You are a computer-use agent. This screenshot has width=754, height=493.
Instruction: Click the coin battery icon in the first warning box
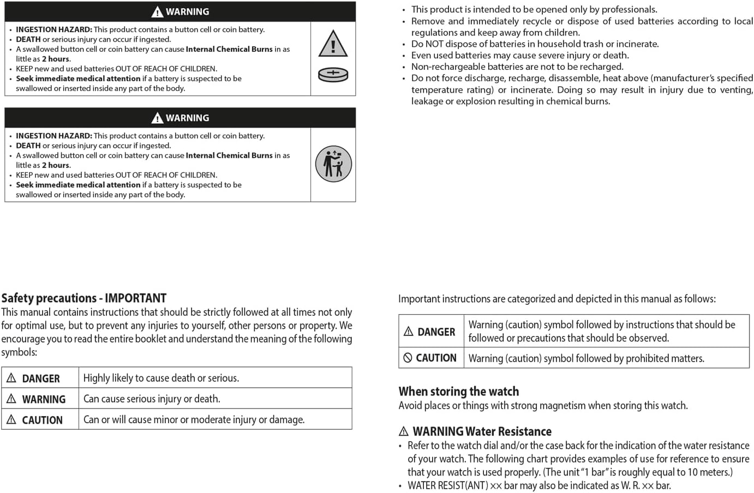333,75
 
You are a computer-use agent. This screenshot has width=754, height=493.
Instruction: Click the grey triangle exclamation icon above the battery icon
333,44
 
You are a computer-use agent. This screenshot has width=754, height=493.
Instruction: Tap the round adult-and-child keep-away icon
333,164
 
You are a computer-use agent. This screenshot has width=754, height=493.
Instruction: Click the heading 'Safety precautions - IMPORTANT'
83,298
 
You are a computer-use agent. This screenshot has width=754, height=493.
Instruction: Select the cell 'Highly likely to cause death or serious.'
161,378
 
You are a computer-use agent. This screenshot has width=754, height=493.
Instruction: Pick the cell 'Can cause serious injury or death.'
152,399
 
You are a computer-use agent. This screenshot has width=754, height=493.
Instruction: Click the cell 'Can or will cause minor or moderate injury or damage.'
194,419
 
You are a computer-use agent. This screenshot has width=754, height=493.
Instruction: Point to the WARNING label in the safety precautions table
43,399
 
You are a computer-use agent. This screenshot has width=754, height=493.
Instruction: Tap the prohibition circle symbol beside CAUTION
408,358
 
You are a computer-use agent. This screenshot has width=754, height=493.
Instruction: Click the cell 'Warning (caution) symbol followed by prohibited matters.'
586,358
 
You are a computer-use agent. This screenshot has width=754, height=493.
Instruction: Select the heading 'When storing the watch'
458,392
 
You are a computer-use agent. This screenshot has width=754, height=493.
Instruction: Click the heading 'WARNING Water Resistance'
482,432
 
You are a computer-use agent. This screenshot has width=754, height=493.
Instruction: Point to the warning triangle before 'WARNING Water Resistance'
404,431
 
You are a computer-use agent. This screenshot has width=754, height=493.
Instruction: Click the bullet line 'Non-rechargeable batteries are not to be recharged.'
517,67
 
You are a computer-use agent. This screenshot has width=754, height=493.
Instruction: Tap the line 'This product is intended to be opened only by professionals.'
534,9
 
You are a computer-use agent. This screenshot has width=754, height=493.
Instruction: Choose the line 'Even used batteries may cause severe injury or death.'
519,55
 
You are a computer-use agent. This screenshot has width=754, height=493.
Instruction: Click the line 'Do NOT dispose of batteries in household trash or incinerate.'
535,44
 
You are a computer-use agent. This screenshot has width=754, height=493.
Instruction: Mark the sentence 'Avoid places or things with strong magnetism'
542,405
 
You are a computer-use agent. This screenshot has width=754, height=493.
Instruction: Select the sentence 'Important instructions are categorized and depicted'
556,299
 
